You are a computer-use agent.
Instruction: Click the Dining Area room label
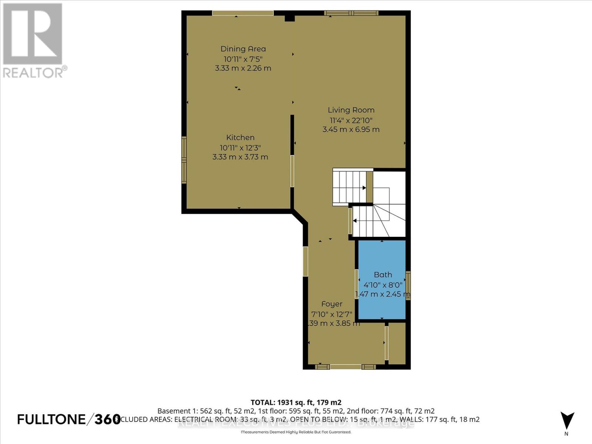coord(243,49)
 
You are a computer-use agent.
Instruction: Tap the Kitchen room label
coord(240,138)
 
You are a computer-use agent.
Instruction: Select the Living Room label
coord(351,110)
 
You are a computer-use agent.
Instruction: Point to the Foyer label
coord(332,304)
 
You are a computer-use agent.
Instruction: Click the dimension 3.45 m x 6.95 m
coord(351,129)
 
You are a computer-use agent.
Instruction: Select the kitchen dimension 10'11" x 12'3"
coord(240,147)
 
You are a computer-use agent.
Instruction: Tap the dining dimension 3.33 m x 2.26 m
coord(243,68)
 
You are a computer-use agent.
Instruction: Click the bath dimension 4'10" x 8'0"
coord(383,285)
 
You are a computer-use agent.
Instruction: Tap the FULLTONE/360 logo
coord(69,419)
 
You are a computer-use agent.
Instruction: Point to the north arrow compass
coord(567,422)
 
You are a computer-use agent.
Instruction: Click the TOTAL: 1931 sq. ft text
coord(296,402)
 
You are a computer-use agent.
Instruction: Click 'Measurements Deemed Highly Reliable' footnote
coord(296,432)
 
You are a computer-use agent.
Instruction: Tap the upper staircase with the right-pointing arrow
coord(350,188)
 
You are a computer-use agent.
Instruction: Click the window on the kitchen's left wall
coord(184,160)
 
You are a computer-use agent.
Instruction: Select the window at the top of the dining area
coord(243,13)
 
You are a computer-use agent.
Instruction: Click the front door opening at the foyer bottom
coord(345,367)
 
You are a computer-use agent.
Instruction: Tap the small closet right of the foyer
coord(397,343)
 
